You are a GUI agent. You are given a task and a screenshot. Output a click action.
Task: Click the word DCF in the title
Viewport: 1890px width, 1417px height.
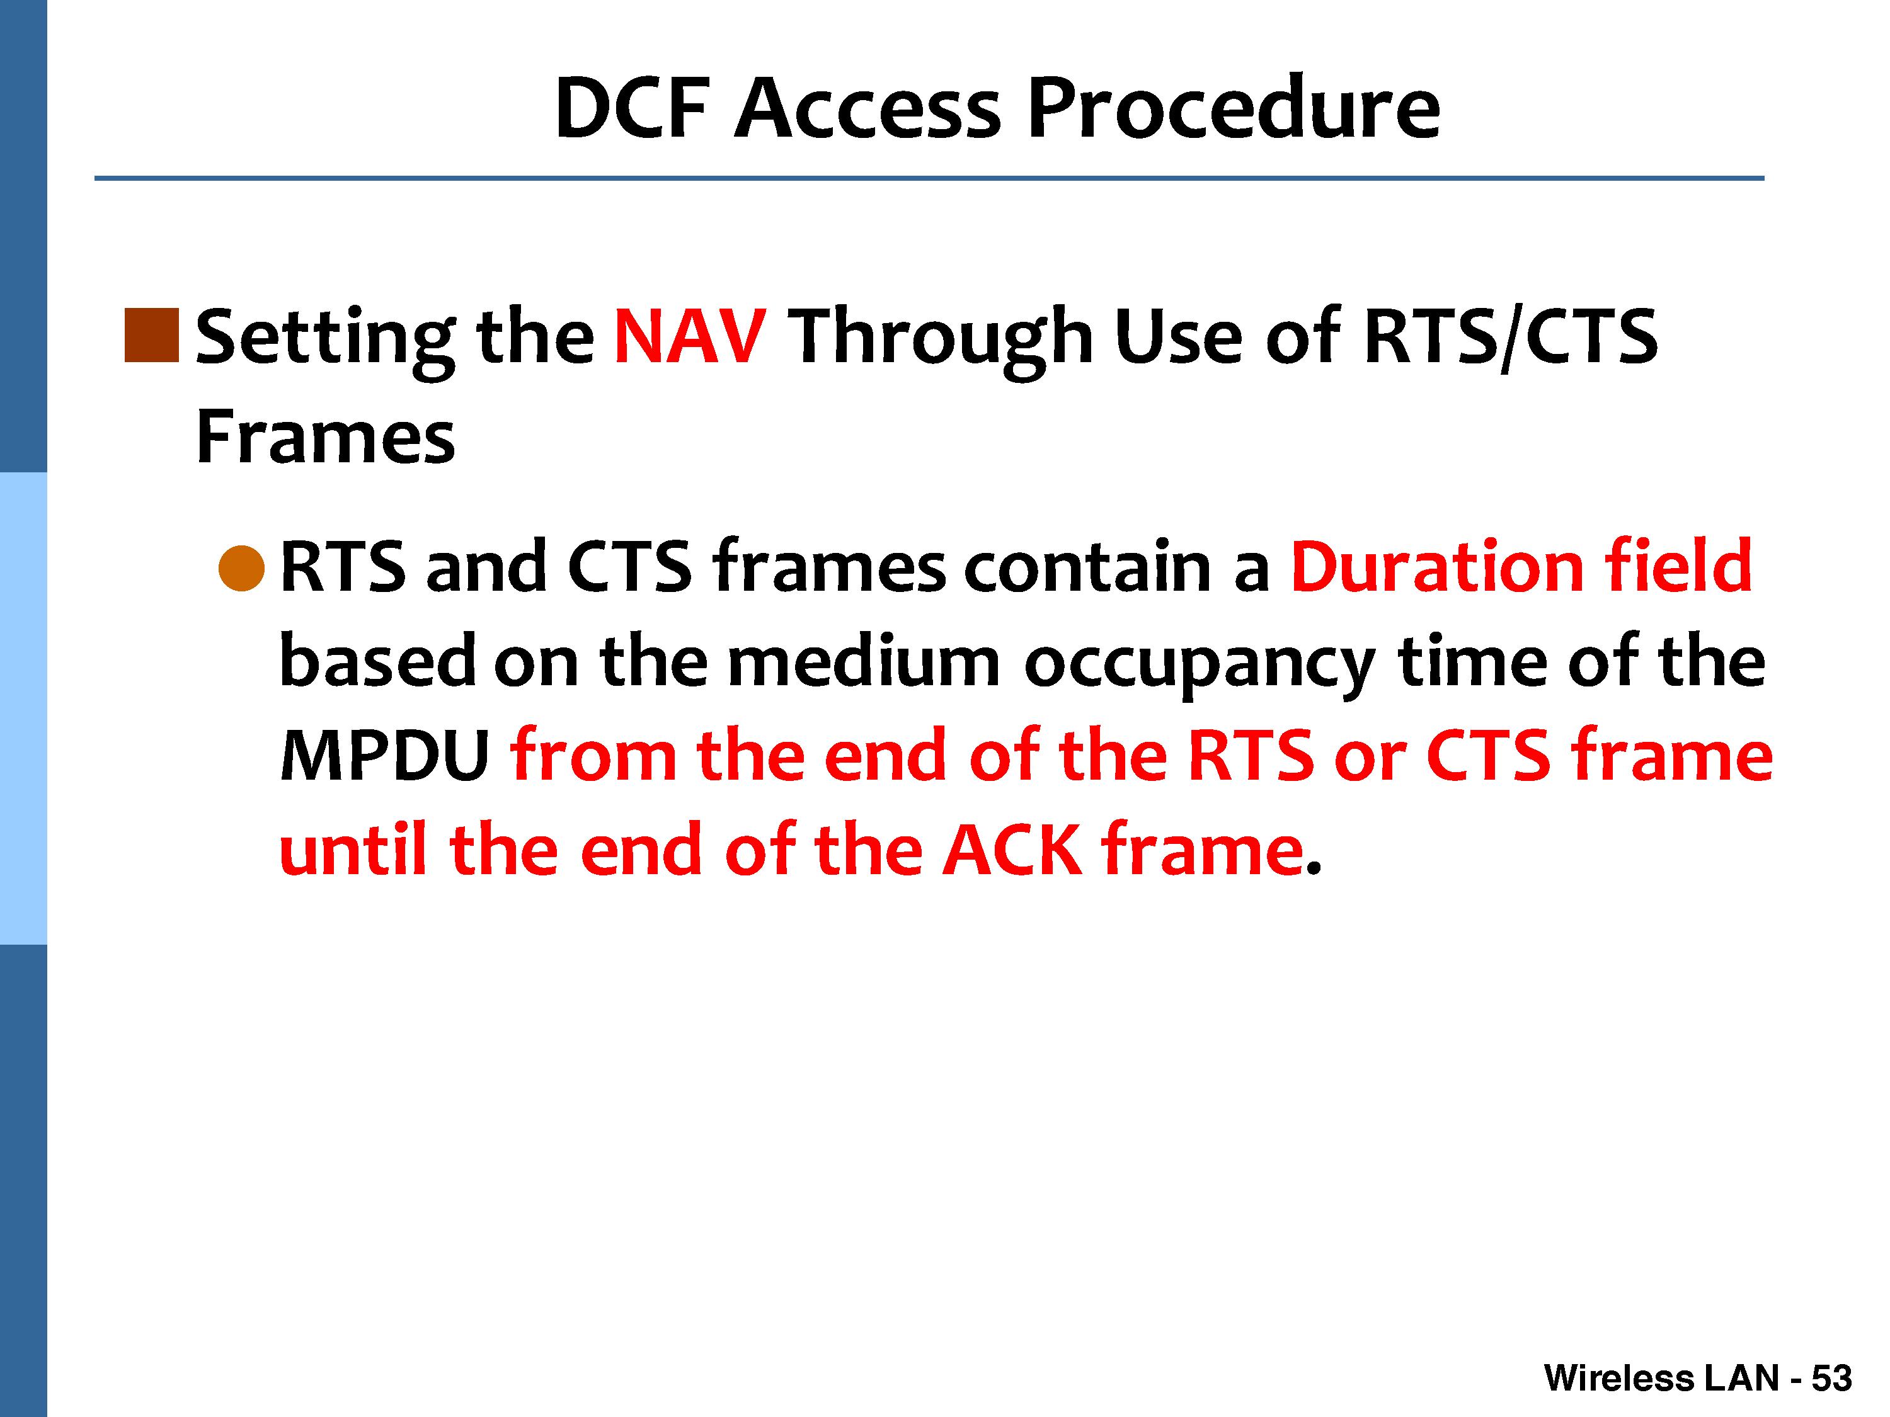click(x=633, y=108)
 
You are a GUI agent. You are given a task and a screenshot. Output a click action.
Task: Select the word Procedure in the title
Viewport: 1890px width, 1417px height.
click(x=1234, y=108)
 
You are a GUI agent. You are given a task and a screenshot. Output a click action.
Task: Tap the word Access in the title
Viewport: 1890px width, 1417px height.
click(x=868, y=108)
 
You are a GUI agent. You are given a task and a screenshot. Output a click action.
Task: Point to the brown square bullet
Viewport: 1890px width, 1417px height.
click(x=152, y=336)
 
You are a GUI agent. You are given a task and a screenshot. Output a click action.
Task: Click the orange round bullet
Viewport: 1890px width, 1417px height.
click(x=242, y=568)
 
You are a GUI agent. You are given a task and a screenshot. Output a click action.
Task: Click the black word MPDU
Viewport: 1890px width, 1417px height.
click(x=384, y=757)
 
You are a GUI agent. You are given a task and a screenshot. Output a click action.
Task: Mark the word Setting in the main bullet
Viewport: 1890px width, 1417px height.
click(x=326, y=341)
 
